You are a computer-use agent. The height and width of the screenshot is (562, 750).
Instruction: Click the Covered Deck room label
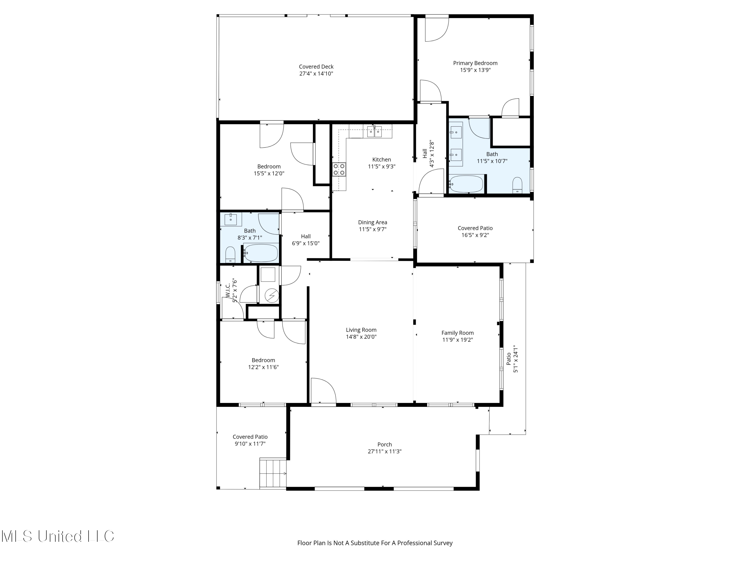click(316, 67)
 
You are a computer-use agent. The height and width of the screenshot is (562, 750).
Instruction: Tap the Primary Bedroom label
click(475, 63)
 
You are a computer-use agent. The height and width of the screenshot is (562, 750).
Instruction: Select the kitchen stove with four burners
click(339, 169)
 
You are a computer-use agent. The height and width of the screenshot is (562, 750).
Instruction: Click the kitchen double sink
click(374, 131)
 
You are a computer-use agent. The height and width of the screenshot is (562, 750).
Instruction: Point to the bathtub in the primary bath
click(466, 184)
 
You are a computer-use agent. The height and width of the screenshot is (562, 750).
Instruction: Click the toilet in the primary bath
click(517, 185)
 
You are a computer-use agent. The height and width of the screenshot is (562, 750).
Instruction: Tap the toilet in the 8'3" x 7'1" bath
click(230, 255)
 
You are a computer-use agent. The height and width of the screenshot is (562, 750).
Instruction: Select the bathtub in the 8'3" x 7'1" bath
click(261, 253)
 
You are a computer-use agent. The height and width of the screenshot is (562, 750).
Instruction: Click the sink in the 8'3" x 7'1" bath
click(231, 219)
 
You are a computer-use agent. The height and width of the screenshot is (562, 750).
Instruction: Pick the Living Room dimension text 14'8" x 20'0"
click(361, 337)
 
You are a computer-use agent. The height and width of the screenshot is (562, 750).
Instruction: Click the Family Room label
click(457, 333)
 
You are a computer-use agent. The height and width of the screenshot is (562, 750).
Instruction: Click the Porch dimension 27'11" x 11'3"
click(384, 451)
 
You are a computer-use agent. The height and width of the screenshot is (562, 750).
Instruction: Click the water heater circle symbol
click(271, 296)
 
